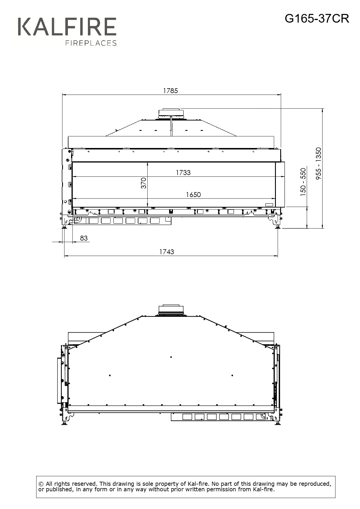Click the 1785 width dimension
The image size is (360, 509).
pos(170,91)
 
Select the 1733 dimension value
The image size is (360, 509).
pos(183,173)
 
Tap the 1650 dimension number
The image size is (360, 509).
pos(193,195)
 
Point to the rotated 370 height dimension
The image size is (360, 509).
pos(144,183)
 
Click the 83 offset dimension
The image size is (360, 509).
pos(84,238)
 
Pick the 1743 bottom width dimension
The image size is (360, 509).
pos(167,252)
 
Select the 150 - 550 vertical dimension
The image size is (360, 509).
pos(303,182)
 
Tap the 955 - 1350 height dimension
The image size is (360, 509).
pos(319,163)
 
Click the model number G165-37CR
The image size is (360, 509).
pos(317,19)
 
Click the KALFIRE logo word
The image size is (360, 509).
pos(67,27)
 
